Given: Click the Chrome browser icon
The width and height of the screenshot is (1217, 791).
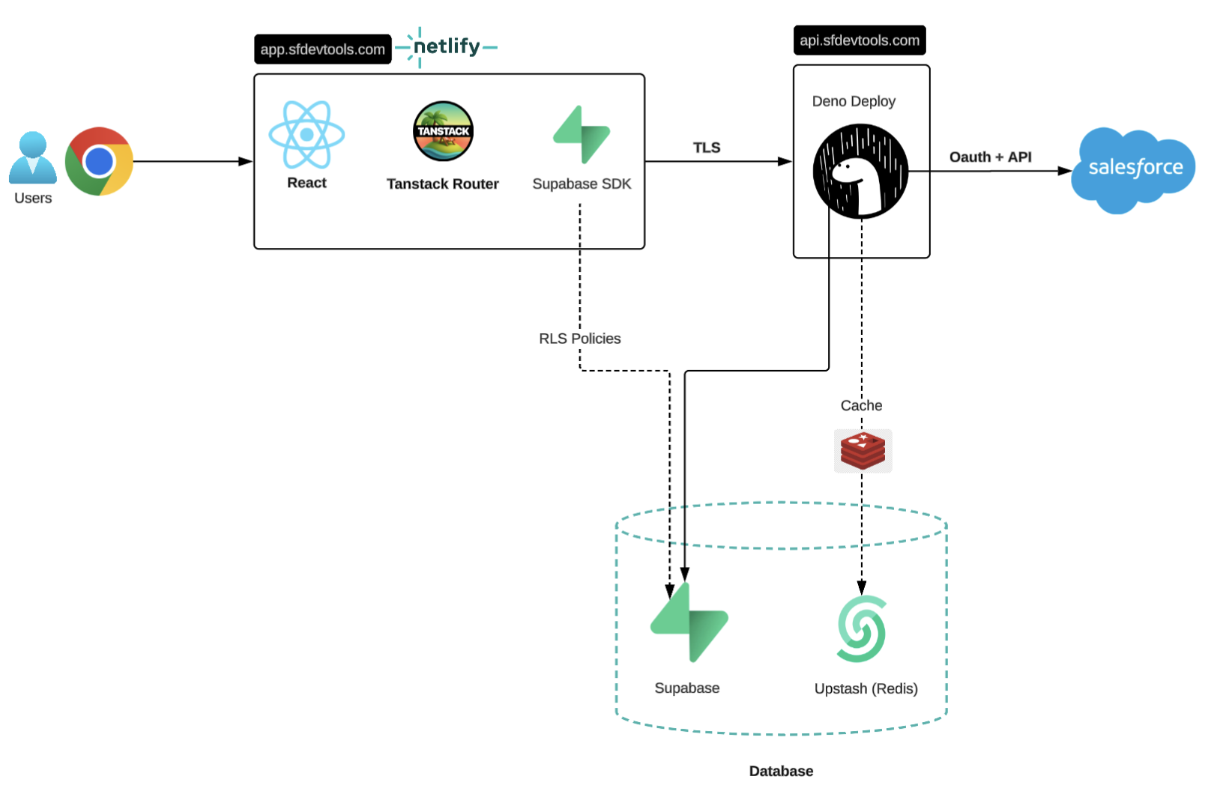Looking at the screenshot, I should tap(99, 161).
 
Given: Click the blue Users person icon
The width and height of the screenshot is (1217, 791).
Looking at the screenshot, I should tap(33, 158).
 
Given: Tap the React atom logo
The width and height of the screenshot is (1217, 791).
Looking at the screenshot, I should tap(306, 135).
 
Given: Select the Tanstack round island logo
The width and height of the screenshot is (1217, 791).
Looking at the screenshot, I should tap(443, 131).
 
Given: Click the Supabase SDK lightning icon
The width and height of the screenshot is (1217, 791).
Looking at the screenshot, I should tap(582, 135).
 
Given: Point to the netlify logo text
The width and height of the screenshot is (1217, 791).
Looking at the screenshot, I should tap(447, 46).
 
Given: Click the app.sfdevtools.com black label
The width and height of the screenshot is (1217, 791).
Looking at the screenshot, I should tap(322, 49).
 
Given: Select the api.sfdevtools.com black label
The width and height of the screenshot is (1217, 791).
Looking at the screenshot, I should tap(859, 40).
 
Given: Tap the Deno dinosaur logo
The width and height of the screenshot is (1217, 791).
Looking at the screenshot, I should tap(860, 172).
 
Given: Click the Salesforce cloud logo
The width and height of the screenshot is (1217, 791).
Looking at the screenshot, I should tap(1134, 169).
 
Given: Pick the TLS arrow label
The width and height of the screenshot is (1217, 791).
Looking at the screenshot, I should tap(706, 148).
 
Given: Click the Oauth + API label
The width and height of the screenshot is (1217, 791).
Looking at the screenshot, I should tap(990, 157).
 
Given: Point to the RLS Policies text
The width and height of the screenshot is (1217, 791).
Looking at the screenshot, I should tap(579, 339).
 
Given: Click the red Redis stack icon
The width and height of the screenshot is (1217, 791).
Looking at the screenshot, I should tap(863, 451).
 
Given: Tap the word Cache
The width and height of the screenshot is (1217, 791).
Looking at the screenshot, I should tap(861, 405).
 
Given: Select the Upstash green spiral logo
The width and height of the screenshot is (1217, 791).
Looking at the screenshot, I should tap(862, 629).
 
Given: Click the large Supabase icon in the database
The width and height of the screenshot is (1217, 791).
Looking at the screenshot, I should tap(689, 622).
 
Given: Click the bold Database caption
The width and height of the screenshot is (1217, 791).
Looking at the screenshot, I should tap(781, 771).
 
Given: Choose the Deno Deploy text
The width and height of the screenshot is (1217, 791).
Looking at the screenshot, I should tap(854, 101).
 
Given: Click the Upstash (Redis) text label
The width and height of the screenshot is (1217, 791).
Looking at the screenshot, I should tap(866, 688).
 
